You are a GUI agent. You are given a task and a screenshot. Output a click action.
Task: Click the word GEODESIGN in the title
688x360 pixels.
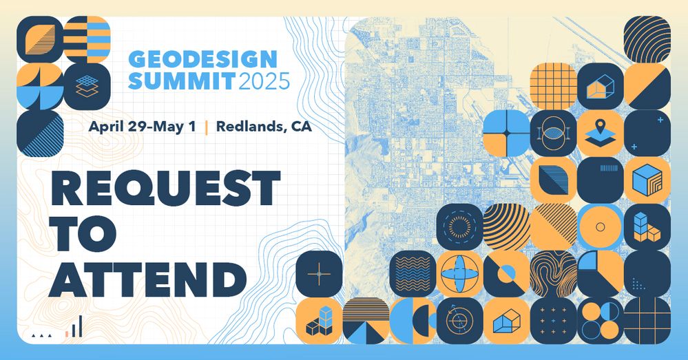[203, 59]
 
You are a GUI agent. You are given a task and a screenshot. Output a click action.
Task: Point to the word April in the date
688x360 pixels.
[106, 127]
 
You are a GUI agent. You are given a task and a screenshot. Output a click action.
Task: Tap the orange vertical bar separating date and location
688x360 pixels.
[206, 127]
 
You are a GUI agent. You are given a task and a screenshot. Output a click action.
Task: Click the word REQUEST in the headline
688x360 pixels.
[165, 188]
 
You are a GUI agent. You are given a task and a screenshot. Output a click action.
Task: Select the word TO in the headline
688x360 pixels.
[82, 233]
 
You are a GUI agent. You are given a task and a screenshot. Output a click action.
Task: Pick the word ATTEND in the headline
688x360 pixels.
[148, 279]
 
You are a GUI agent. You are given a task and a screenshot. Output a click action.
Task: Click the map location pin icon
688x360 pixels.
[601, 133]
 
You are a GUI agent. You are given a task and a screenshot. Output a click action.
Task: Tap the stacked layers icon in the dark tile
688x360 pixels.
[87, 86]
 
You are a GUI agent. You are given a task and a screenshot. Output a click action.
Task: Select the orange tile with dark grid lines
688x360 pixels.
[553, 86]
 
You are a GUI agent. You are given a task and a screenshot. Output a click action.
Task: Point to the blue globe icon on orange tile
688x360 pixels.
[459, 274]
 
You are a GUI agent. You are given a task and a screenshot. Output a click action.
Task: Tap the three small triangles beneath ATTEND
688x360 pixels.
[42, 335]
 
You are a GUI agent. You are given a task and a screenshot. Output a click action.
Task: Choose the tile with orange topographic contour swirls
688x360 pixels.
[553, 274]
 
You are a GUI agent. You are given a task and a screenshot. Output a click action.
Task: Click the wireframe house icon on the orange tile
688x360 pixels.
[506, 321]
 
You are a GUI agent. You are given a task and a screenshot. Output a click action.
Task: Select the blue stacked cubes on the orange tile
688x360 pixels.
[319, 321]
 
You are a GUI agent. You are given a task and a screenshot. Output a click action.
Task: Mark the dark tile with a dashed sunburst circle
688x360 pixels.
[459, 226]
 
